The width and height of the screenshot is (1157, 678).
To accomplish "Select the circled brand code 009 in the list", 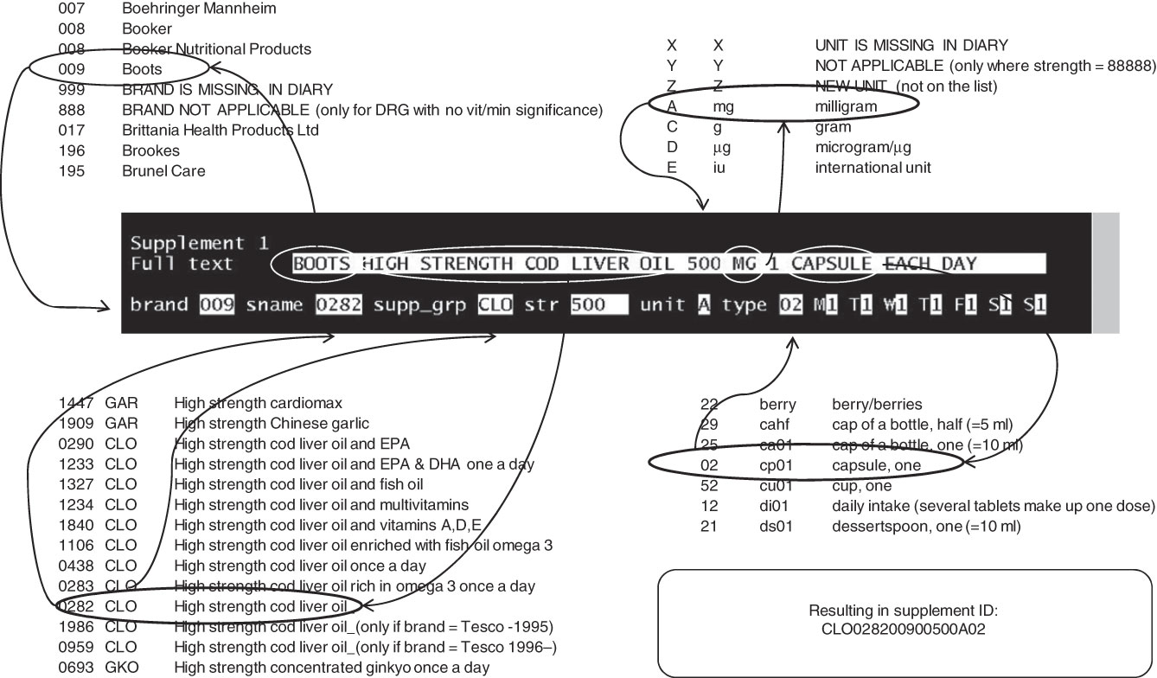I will [x=72, y=69].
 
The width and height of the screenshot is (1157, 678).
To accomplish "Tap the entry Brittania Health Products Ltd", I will [x=221, y=131].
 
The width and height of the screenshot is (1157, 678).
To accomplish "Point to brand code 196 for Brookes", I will [x=72, y=150].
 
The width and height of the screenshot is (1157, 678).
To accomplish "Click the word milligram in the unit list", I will [x=846, y=106].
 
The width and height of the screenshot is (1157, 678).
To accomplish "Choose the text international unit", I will [x=873, y=168].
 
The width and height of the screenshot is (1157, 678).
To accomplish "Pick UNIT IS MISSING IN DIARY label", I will [x=911, y=45].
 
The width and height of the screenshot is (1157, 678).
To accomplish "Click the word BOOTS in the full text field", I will [x=322, y=264].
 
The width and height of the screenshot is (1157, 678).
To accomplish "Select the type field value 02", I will [x=789, y=305].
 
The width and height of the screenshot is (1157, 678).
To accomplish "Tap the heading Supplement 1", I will [x=200, y=243].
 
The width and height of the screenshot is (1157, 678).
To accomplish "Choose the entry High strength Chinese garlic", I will [x=272, y=424].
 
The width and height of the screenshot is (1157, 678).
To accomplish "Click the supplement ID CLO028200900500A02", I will [x=903, y=630].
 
